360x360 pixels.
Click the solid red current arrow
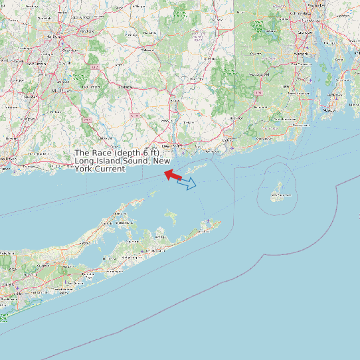point(173,175)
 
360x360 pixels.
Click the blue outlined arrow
point(187,183)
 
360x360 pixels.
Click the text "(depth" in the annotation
point(129,154)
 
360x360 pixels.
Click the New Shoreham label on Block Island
point(280,195)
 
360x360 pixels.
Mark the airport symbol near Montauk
point(209,221)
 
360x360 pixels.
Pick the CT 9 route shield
point(87,120)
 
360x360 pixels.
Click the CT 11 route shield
point(135,115)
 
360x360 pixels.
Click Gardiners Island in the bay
point(171,217)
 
